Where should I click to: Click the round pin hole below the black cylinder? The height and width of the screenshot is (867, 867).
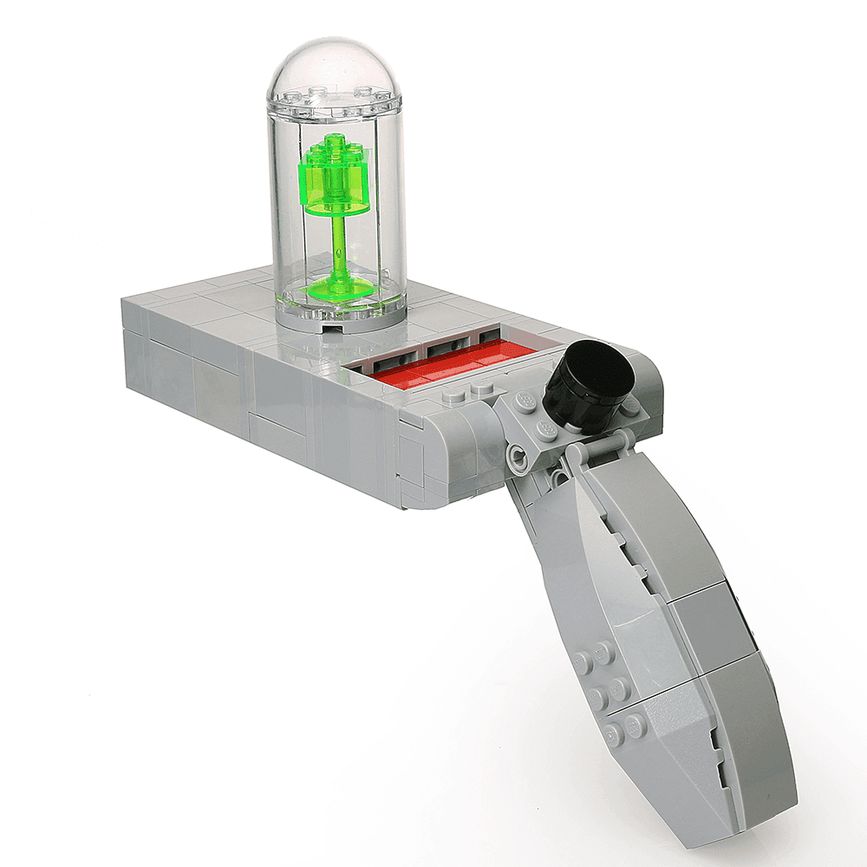coord(516,453)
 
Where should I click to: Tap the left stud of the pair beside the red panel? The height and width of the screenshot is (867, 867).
coord(454,396)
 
